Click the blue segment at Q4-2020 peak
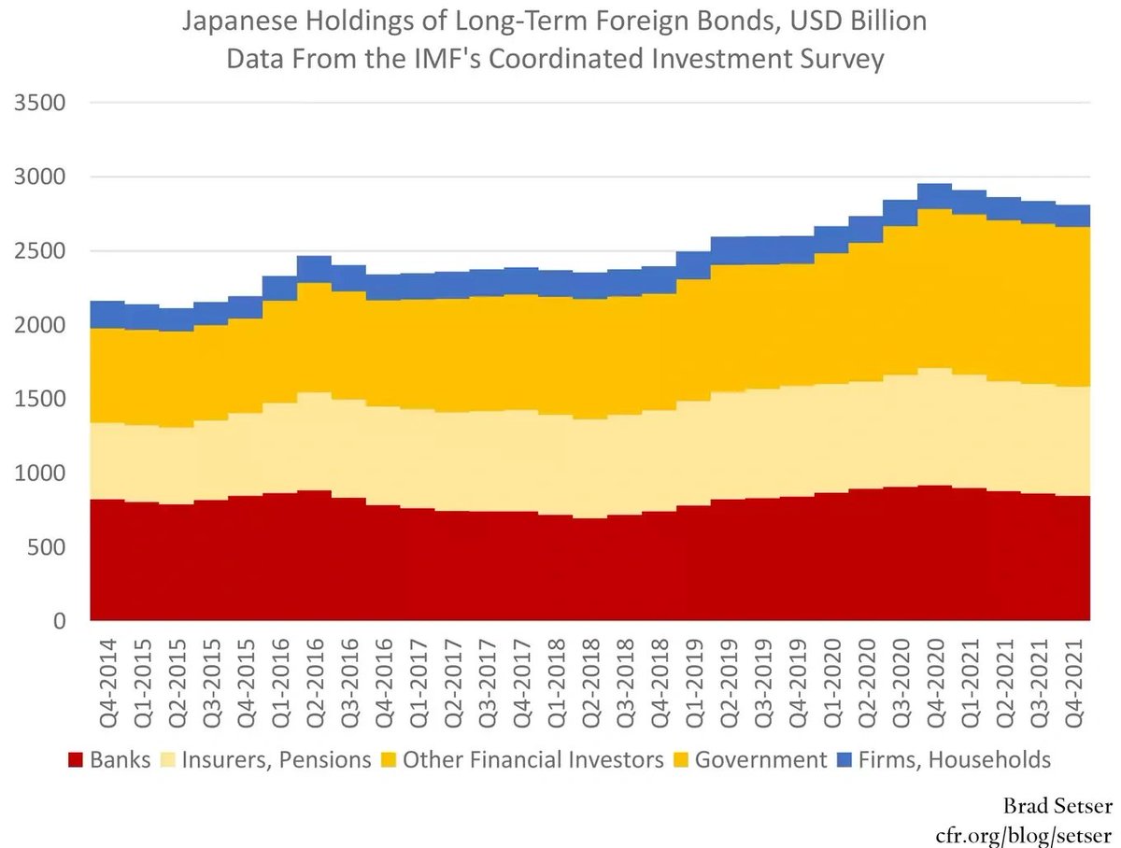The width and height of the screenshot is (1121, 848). click(934, 195)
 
